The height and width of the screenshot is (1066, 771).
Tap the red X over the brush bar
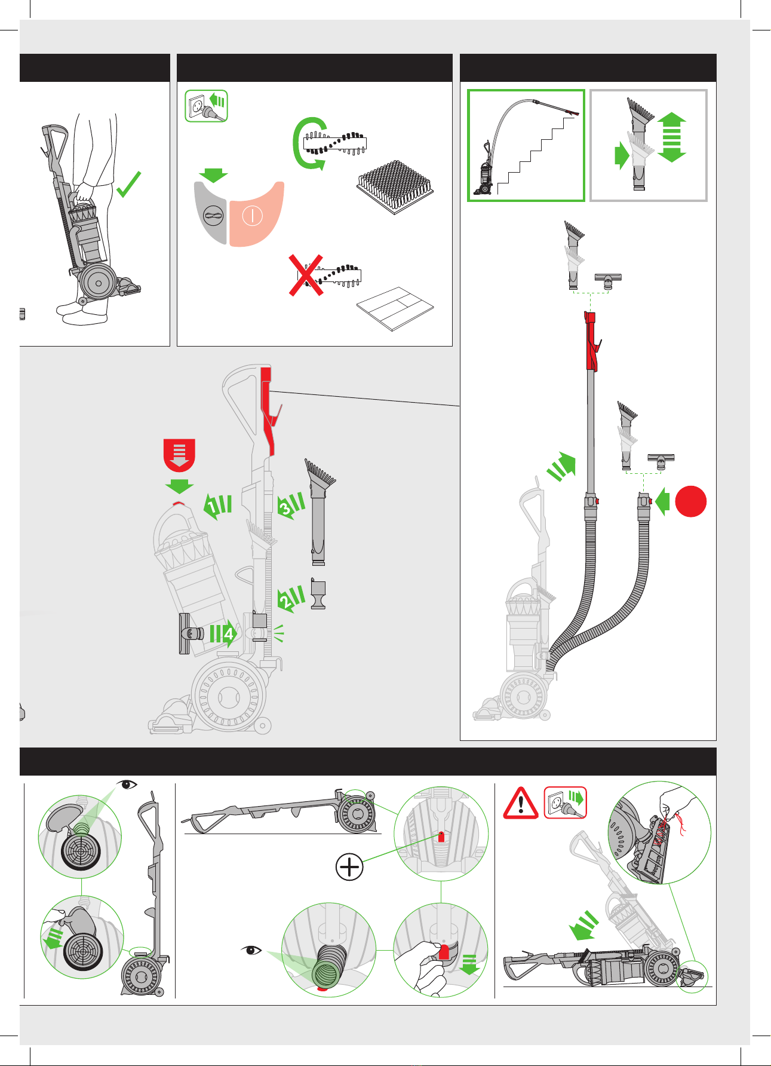[x=306, y=275]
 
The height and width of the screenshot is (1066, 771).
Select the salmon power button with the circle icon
[x=256, y=214]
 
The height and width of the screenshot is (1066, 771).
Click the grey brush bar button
[x=211, y=213]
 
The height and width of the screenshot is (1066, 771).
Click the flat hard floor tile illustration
[x=395, y=308]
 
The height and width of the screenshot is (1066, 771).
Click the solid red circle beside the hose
[x=691, y=501]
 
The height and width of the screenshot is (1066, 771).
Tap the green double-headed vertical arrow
[x=672, y=137]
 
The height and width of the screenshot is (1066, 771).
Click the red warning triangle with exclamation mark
[x=521, y=802]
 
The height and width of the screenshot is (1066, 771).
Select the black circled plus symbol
[x=349, y=866]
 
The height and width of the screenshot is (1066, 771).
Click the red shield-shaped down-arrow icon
[x=179, y=455]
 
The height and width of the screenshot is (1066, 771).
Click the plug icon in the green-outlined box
[x=207, y=106]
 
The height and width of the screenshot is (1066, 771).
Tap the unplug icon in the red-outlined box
[x=566, y=802]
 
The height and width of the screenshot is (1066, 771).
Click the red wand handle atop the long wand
[x=591, y=341]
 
